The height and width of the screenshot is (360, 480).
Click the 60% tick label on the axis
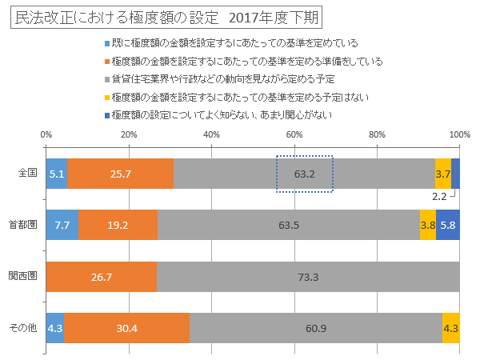click(x=294, y=134)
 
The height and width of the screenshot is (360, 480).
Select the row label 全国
click(x=28, y=173)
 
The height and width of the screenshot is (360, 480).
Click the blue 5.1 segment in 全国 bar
click(x=56, y=173)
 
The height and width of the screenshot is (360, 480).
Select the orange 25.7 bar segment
click(x=120, y=173)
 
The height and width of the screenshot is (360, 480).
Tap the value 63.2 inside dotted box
click(x=305, y=173)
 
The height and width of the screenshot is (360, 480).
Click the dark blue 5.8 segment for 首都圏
click(x=447, y=225)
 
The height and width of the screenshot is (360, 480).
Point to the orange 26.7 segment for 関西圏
click(x=101, y=276)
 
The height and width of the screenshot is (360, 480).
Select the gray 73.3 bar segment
click(x=308, y=276)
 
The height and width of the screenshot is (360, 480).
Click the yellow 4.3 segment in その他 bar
click(x=450, y=327)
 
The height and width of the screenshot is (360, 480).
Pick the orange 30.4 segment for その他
click(x=126, y=327)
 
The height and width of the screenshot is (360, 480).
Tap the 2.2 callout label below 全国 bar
click(x=439, y=195)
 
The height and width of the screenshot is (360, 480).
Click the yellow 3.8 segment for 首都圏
click(x=428, y=225)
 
